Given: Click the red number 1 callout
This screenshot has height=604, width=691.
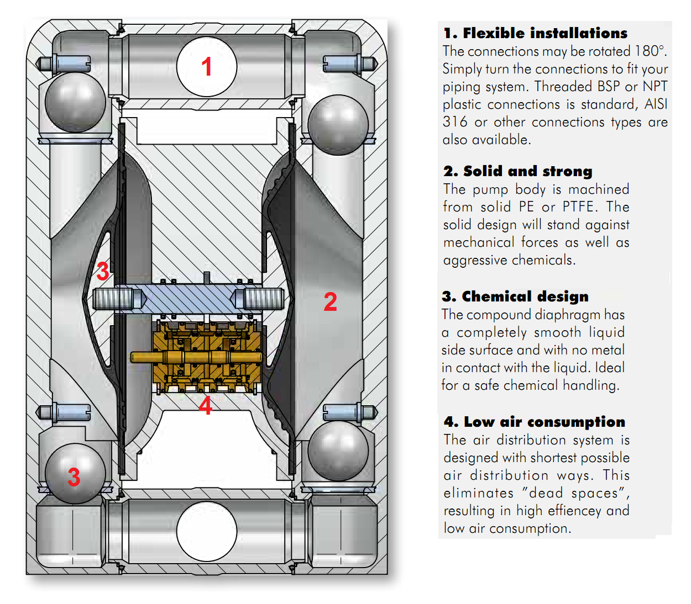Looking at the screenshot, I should point(207,67).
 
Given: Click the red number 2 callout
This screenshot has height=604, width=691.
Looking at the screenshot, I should point(330,302).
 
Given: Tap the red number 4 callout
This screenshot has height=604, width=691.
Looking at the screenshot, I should point(205,406).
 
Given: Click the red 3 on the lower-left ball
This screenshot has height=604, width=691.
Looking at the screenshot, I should point(74,477).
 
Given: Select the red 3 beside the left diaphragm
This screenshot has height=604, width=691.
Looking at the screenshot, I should point(103,271).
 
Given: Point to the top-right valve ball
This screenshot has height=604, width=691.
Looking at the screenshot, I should point(338,125).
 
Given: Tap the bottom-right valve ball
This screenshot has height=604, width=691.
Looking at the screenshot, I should point(338,451).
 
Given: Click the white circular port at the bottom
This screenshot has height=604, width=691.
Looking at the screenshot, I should point(207,532).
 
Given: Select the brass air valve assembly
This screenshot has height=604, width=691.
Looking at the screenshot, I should point(207,357).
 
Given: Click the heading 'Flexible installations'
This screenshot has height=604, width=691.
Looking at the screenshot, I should point(535,33).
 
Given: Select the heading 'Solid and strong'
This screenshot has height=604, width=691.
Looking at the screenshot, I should point(518,171).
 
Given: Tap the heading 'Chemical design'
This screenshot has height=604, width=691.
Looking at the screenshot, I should point(515,296).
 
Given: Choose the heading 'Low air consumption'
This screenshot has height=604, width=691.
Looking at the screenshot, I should point(535,422).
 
